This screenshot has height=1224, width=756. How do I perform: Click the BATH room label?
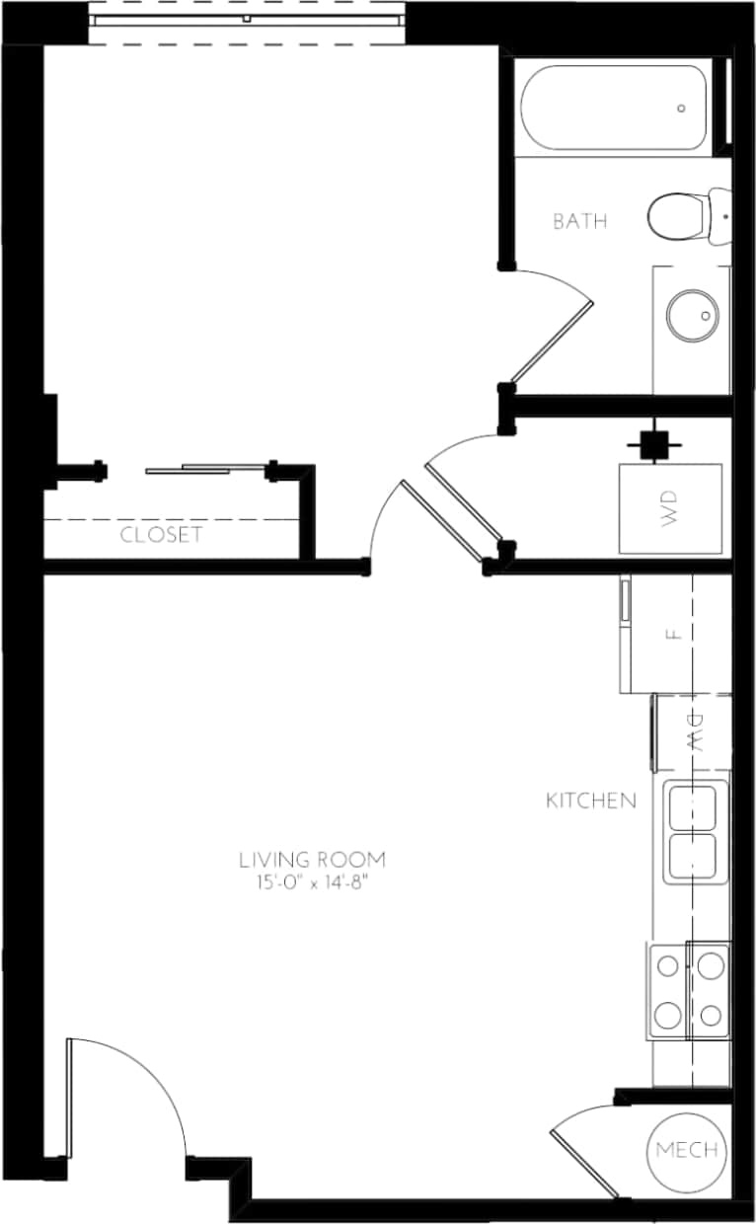coord(579,221)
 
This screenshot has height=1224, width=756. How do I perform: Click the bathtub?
coord(612,108)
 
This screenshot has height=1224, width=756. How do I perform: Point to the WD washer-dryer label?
coord(671,509)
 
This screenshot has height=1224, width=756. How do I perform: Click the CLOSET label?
coord(161,535)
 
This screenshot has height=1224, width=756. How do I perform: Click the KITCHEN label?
coord(591,801)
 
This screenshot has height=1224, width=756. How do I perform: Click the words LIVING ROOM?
coord(312,860)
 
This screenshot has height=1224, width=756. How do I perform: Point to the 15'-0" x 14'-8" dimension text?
coord(312,881)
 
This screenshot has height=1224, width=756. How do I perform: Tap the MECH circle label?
coord(686,1151)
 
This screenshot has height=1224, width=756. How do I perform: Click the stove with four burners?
coord(689,990)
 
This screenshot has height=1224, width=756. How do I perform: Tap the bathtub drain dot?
coord(682,109)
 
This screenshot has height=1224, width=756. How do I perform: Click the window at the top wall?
coord(247,20)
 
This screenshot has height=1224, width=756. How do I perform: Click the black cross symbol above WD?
coord(650,444)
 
